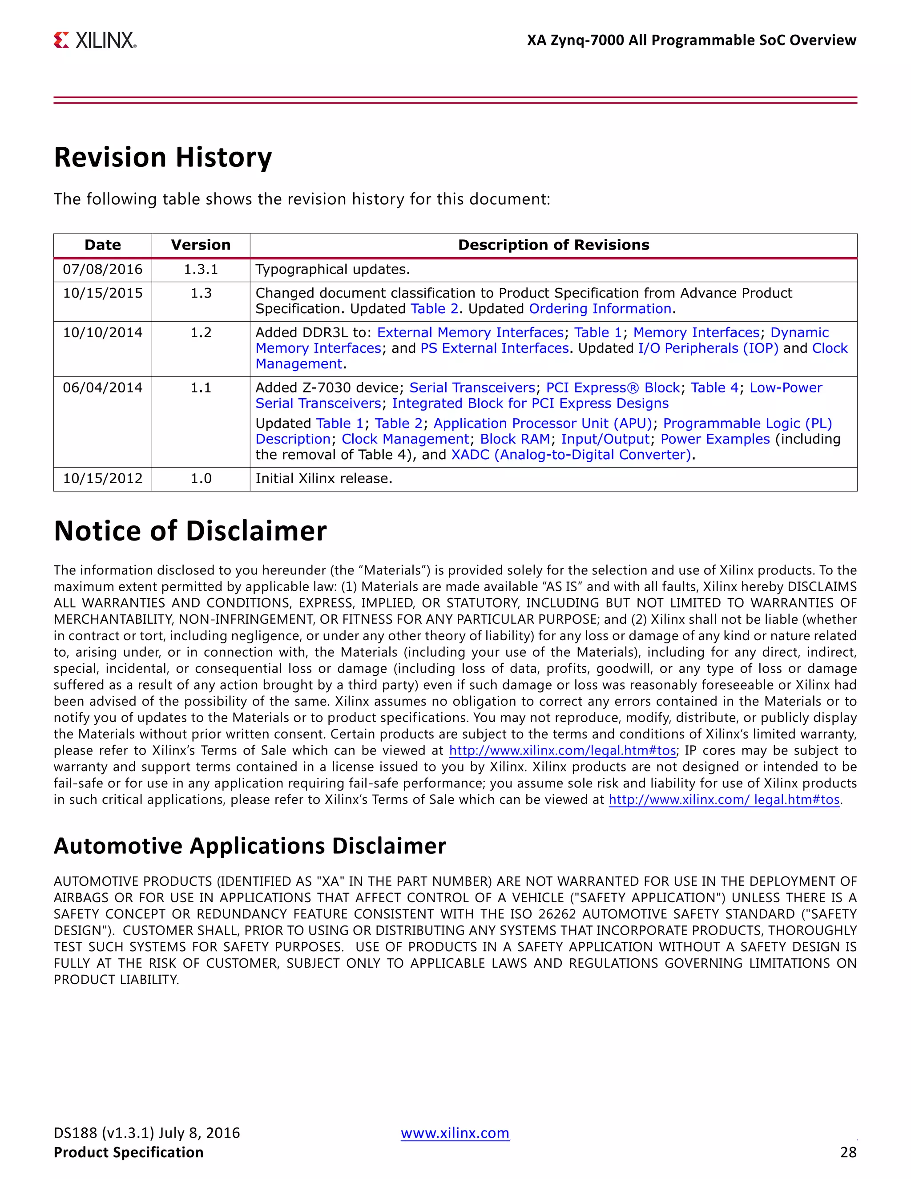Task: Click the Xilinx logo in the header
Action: click(95, 40)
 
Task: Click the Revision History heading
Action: click(163, 157)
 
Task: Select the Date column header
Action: click(103, 245)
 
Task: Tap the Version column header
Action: click(201, 245)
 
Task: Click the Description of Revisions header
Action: click(553, 245)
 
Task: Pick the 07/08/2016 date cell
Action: click(103, 269)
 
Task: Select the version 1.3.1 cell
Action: click(201, 269)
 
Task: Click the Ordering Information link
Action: click(600, 309)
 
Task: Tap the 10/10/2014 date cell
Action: click(103, 332)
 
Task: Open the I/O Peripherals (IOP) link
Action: click(708, 348)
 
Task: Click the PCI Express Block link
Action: click(613, 388)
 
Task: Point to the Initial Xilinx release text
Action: click(324, 478)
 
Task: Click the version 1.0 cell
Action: click(201, 478)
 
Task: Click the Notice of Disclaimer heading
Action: click(190, 531)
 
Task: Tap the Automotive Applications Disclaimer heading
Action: click(250, 846)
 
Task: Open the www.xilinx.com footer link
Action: click(455, 1133)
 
